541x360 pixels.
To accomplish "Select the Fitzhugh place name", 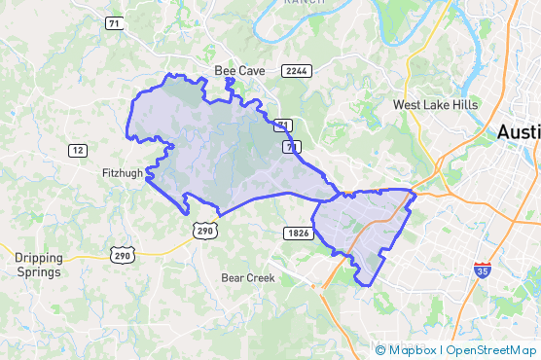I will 123,173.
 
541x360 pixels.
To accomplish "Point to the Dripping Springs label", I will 38,265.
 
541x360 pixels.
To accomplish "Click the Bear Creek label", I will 248,277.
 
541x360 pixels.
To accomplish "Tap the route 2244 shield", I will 295,72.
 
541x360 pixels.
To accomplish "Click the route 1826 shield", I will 298,233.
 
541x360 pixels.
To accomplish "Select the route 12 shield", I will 78,150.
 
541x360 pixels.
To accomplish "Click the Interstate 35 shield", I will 483,268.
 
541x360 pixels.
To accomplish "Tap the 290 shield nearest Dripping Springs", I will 122,255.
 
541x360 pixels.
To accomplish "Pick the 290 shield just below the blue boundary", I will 204,230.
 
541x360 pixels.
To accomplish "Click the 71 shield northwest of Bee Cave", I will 115,23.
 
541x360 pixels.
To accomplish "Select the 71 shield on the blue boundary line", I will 290,146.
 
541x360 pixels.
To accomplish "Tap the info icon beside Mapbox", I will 379,349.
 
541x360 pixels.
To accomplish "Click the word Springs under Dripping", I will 38,272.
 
